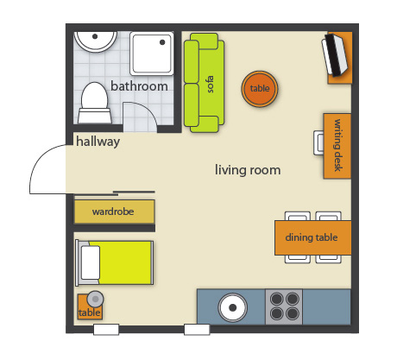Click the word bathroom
[x=139, y=86]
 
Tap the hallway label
[x=98, y=142]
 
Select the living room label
[x=248, y=170]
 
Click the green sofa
[x=204, y=83]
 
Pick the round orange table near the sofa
[x=260, y=89]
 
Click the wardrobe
[x=114, y=212]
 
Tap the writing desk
[x=337, y=146]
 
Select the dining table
[x=313, y=237]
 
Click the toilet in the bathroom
[x=95, y=104]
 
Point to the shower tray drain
[x=162, y=42]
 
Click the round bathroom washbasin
[x=95, y=41]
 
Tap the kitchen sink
[x=232, y=307]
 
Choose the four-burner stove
[x=284, y=306]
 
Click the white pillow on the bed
[x=91, y=262]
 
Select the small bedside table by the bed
[x=90, y=306]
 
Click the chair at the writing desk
[x=318, y=142]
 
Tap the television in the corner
[x=335, y=54]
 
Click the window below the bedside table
[x=106, y=330]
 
